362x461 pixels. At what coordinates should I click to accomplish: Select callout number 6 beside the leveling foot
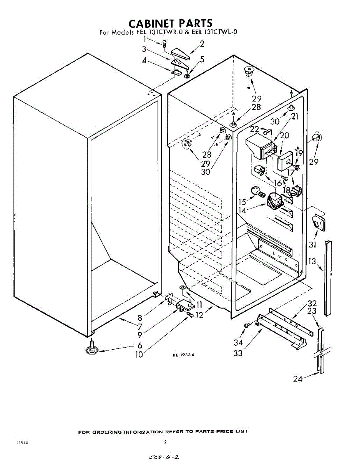[x=139, y=345]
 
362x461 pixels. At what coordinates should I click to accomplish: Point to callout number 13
[x=312, y=262]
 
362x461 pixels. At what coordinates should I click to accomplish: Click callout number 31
[x=312, y=244]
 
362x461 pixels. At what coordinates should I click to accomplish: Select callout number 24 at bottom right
[x=298, y=379]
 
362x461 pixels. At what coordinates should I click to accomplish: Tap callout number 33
[x=238, y=353]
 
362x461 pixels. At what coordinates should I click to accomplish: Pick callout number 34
[x=238, y=342]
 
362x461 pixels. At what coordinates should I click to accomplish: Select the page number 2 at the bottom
[x=165, y=442]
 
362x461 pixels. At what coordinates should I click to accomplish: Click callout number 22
[x=254, y=129]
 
